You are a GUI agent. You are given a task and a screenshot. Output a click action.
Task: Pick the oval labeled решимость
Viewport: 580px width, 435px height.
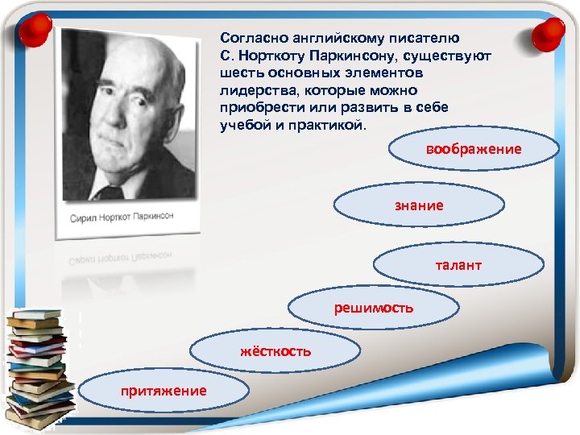(375, 308)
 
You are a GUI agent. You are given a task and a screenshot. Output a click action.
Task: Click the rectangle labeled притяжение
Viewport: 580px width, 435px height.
(164, 391)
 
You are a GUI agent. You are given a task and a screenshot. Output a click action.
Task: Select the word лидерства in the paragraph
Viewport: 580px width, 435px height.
(255, 91)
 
